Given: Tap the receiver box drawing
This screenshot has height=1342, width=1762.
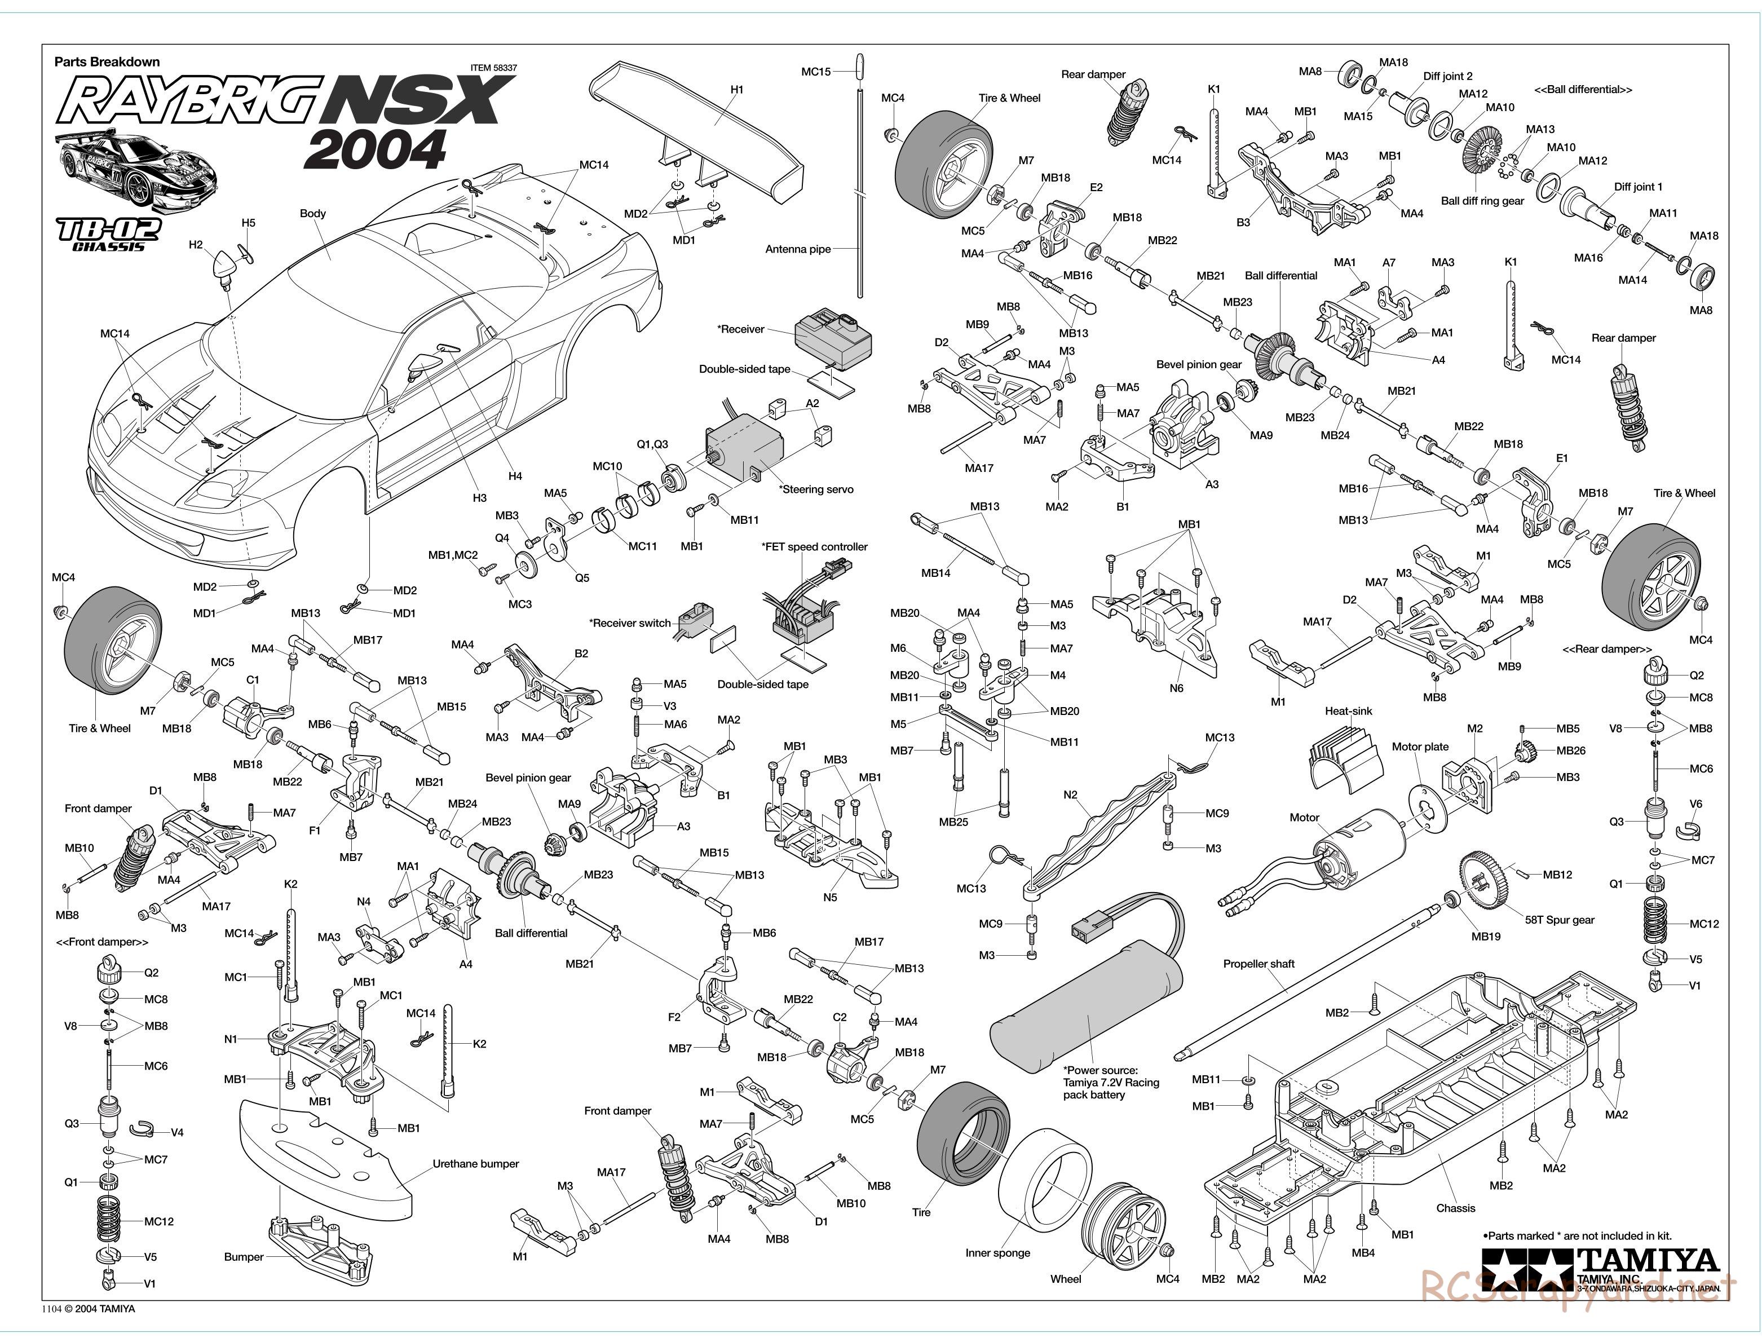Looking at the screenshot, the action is pyautogui.click(x=834, y=339).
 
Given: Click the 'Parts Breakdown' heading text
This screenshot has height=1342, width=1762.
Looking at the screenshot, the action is pyautogui.click(x=107, y=61).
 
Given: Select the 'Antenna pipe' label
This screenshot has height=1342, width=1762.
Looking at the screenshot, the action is pyautogui.click(x=798, y=249).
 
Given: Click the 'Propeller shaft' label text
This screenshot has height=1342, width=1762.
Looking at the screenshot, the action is pyautogui.click(x=1259, y=964).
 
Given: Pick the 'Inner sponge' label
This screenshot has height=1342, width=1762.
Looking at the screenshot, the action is pyautogui.click(x=997, y=1252).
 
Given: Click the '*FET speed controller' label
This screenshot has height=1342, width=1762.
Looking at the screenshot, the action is pyautogui.click(x=814, y=546).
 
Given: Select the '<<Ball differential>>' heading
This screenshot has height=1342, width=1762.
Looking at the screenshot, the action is pyautogui.click(x=1583, y=90).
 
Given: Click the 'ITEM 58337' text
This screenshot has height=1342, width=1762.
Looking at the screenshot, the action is pyautogui.click(x=493, y=68).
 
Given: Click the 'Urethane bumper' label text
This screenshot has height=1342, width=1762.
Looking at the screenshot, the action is pyautogui.click(x=476, y=1164).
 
